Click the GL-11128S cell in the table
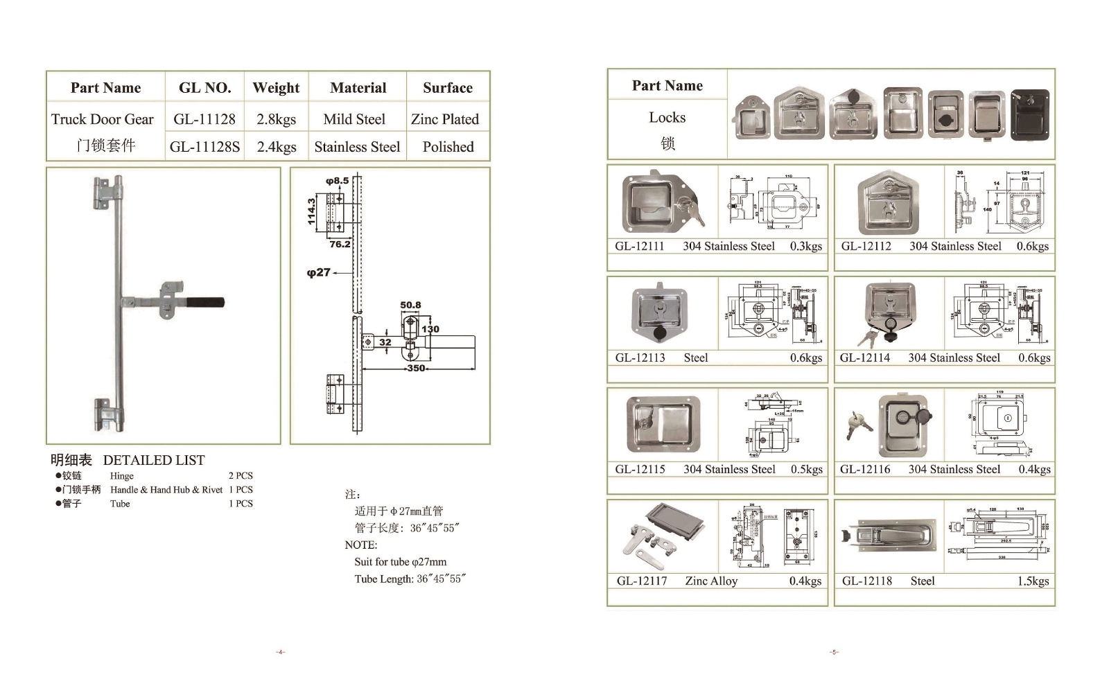204,147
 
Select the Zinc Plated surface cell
444,119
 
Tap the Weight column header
276,88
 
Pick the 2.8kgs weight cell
276,119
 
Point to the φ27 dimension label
319,272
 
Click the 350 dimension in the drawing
416,368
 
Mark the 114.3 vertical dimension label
312,211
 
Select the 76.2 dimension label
340,244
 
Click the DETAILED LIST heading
154,460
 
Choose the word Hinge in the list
122,476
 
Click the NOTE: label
361,545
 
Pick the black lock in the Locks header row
1030,115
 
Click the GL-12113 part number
640,358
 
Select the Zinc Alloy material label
711,581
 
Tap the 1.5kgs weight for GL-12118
1033,581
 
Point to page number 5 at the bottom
835,652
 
